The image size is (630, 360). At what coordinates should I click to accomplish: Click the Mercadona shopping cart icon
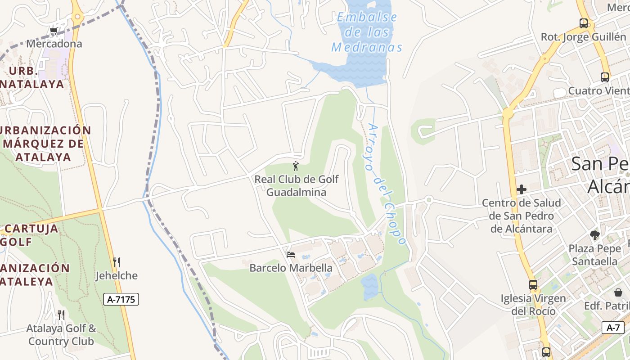pos(54,31)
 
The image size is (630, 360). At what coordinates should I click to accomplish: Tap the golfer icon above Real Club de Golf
pos(296,166)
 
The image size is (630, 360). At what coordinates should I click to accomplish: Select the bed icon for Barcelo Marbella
pos(291,255)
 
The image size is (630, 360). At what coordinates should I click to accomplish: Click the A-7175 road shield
pos(121,299)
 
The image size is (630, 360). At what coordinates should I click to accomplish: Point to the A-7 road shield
pos(613,328)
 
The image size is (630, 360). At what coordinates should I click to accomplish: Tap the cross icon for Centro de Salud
pos(522,189)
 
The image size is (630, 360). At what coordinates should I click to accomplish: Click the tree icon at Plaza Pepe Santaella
pos(594,235)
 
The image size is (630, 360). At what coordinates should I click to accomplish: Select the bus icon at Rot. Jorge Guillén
pos(584,23)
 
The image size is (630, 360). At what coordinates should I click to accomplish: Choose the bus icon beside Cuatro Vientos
pos(605,77)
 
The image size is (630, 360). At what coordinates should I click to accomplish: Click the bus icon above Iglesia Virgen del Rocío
pos(533,284)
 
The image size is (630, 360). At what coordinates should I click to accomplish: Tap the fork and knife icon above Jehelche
pos(117,262)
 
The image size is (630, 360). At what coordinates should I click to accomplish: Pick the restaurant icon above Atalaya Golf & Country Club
pos(61,314)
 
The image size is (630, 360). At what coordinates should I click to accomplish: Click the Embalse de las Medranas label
pos(367,32)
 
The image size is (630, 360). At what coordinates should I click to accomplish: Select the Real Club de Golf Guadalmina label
pos(297,185)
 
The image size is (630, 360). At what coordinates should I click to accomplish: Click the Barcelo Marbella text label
pos(291,268)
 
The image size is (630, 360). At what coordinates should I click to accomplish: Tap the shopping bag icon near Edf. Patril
pos(619,292)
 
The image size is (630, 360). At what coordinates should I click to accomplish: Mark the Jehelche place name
pos(117,275)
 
